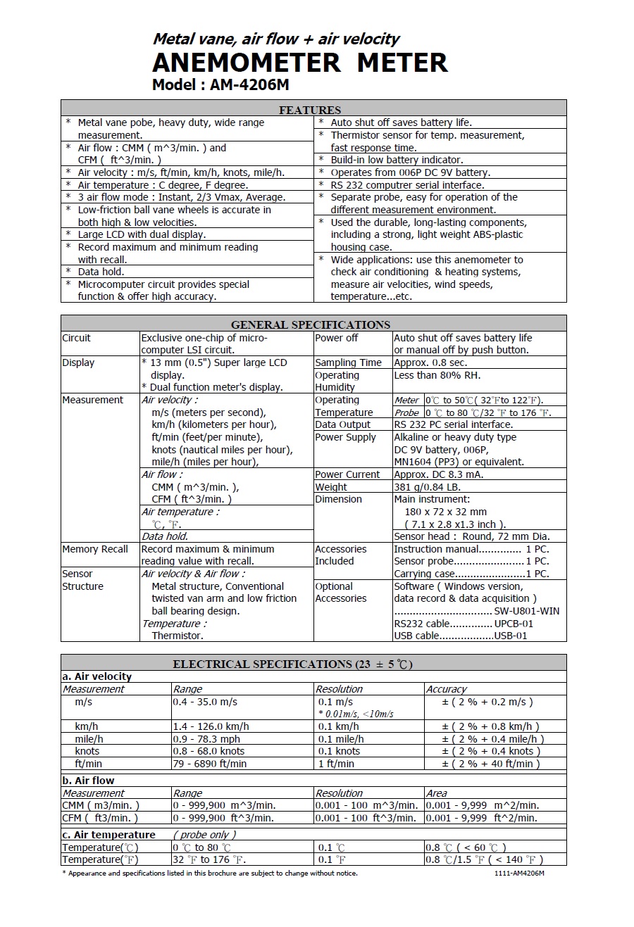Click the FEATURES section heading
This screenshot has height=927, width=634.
[x=310, y=110]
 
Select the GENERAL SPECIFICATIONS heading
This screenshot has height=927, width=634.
[x=310, y=324]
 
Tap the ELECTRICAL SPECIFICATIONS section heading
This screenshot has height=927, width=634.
[x=292, y=664]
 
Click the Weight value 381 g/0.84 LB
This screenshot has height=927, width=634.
[x=427, y=486]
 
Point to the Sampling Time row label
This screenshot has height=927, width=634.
[x=348, y=362]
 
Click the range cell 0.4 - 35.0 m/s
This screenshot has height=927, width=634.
[x=205, y=702]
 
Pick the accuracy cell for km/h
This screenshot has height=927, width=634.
[x=490, y=726]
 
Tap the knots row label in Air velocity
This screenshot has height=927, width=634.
[x=87, y=751]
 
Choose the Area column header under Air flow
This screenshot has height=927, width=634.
[x=437, y=793]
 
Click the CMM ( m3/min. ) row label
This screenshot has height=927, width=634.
[x=101, y=805]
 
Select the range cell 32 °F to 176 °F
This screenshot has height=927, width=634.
[x=209, y=859]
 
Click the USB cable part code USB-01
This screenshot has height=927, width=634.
[x=510, y=636]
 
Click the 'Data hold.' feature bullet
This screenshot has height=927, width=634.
[x=101, y=272]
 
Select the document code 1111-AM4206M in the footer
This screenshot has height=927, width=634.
[x=519, y=874]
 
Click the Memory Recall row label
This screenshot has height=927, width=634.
[x=95, y=549]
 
